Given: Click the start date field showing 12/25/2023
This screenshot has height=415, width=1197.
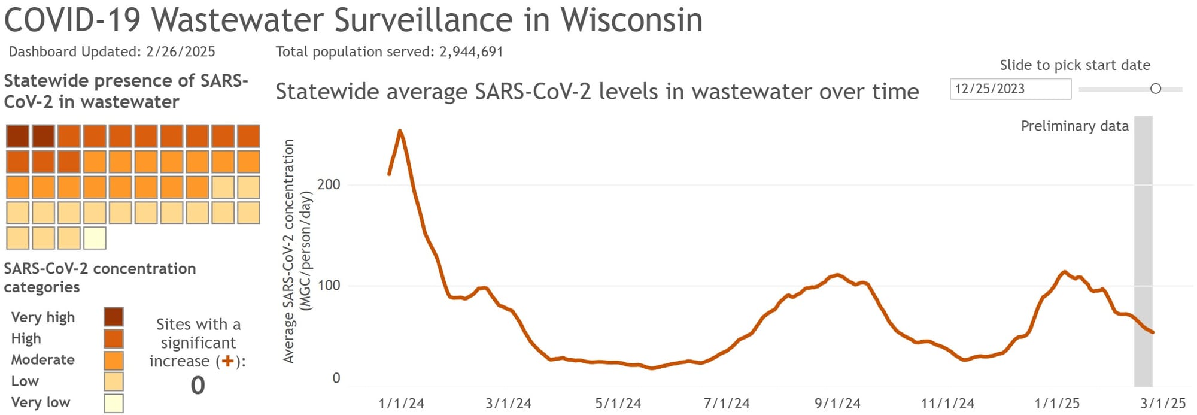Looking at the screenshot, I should click(1010, 89).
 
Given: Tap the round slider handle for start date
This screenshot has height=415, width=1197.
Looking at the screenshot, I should click(1156, 89).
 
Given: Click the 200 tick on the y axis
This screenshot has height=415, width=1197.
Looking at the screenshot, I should click(329, 184).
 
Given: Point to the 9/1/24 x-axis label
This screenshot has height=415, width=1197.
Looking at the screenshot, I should click(837, 404).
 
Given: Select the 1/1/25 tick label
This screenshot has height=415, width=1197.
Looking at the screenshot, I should click(1057, 404).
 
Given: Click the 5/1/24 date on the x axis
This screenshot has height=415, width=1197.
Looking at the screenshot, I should click(618, 404).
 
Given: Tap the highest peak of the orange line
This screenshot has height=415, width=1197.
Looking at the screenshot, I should click(400, 131).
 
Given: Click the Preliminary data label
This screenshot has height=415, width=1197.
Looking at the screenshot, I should click(1074, 126).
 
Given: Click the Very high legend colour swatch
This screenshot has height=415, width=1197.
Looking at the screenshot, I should click(114, 317).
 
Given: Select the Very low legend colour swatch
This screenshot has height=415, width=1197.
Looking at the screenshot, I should click(114, 403).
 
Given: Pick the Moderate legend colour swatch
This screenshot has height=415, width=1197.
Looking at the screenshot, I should click(114, 360).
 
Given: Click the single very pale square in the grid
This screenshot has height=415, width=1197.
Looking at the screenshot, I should click(95, 238).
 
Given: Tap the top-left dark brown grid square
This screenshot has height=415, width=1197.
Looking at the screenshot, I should click(18, 136).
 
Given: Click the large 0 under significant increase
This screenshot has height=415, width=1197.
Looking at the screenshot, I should click(198, 385).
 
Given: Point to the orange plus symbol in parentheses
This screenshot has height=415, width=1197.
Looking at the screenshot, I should click(227, 361).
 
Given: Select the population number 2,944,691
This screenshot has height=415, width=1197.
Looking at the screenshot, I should click(471, 52).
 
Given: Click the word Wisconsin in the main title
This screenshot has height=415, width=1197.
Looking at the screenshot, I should click(631, 19).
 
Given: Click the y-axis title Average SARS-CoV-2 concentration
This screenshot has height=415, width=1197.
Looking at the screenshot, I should click(289, 252).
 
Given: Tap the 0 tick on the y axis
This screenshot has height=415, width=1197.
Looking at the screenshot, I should click(336, 378).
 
